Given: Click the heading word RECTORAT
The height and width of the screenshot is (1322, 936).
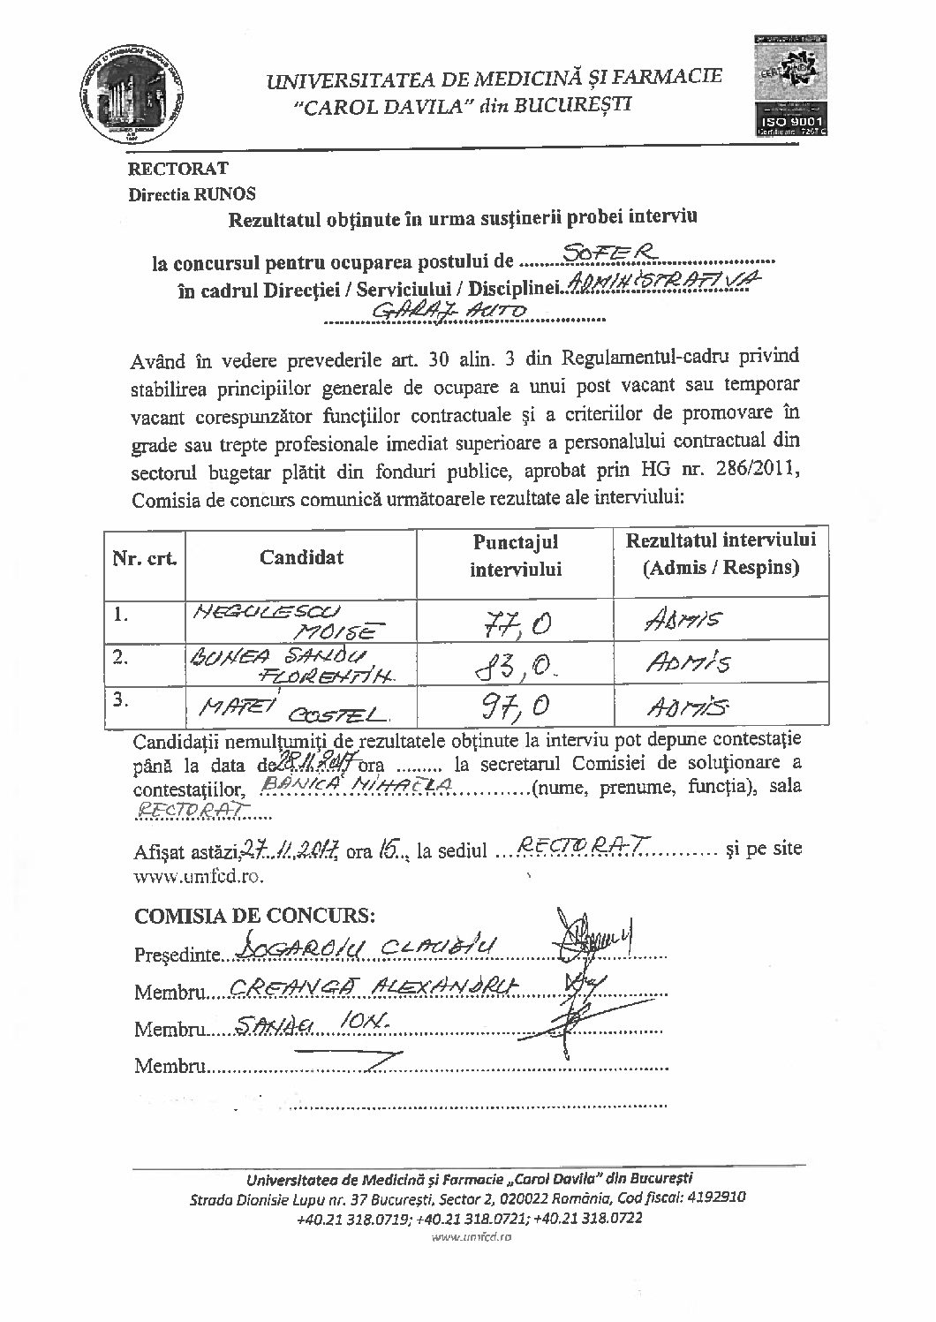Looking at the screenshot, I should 178,169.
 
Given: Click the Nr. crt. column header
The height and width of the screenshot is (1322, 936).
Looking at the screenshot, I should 144,558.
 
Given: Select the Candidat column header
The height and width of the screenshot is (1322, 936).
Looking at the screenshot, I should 301,556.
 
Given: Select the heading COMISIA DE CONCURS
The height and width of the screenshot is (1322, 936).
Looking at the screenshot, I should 255,915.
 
